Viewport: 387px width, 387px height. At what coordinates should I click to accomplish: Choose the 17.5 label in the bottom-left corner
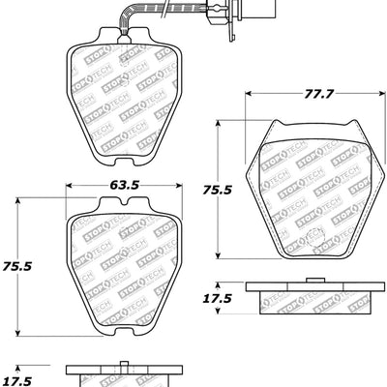coord(17,379)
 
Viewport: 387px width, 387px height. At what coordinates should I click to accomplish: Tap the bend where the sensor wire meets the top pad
coord(120,33)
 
